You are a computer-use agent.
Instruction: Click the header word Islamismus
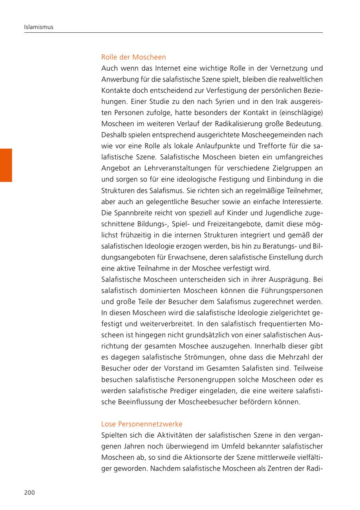pyautogui.click(x=39, y=27)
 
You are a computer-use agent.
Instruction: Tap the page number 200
pyautogui.click(x=30, y=492)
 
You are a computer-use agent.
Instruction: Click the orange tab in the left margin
pyautogui.click(x=6, y=165)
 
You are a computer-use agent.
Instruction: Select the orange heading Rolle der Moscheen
pyautogui.click(x=134, y=57)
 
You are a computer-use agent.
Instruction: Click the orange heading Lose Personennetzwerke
pyautogui.click(x=142, y=424)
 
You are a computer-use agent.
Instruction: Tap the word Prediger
pyautogui.click(x=173, y=390)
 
